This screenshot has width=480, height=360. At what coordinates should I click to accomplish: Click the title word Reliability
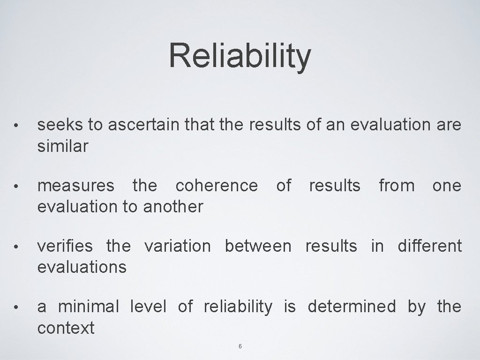(240, 55)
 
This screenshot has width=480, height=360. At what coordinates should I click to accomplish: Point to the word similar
(62, 146)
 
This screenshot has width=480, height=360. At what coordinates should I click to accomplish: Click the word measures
(75, 186)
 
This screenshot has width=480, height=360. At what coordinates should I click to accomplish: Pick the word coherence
(216, 186)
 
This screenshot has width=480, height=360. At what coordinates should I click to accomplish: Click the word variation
(177, 246)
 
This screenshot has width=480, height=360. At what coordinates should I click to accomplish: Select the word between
(258, 246)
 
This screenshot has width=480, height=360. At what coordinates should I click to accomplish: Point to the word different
(429, 246)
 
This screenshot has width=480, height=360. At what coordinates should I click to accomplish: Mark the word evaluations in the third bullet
(82, 267)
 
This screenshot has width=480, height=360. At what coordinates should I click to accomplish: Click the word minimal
(89, 307)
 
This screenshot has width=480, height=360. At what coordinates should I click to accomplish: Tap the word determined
(352, 307)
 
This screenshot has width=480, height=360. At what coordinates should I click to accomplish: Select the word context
(66, 327)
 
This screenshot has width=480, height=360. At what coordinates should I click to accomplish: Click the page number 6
(240, 346)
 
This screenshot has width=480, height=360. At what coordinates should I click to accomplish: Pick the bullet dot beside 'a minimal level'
(16, 307)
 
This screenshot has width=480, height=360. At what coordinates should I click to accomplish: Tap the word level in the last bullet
(148, 307)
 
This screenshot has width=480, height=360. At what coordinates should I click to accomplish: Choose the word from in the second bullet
(397, 186)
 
